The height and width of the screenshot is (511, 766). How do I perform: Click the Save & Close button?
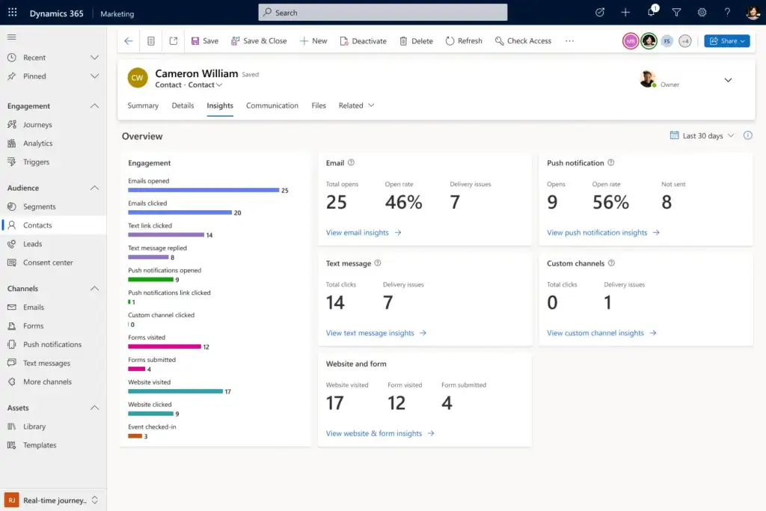tap(259, 41)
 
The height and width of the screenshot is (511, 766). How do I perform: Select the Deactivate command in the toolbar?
tap(363, 41)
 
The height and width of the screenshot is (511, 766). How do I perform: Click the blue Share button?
tap(726, 41)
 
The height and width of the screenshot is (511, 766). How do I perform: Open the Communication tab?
tap(272, 105)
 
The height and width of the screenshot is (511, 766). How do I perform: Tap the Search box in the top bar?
tap(382, 13)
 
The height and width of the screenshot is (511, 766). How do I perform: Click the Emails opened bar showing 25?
tap(203, 190)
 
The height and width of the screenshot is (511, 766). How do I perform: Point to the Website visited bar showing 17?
tap(175, 391)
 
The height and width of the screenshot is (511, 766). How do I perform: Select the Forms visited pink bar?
tap(165, 346)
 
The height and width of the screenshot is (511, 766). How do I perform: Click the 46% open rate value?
tap(403, 202)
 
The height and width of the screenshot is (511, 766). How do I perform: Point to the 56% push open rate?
tap(610, 202)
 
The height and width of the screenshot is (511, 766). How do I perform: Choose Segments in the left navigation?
tap(39, 206)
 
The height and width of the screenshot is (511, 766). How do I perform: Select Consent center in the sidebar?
tap(48, 263)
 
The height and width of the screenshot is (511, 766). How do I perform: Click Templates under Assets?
tap(40, 445)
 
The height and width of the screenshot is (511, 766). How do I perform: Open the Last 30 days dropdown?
tap(703, 136)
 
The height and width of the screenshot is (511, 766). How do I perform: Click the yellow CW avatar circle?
tap(138, 78)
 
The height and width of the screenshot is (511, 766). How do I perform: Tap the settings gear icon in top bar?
tap(702, 13)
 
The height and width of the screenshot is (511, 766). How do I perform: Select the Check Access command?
tap(523, 41)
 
